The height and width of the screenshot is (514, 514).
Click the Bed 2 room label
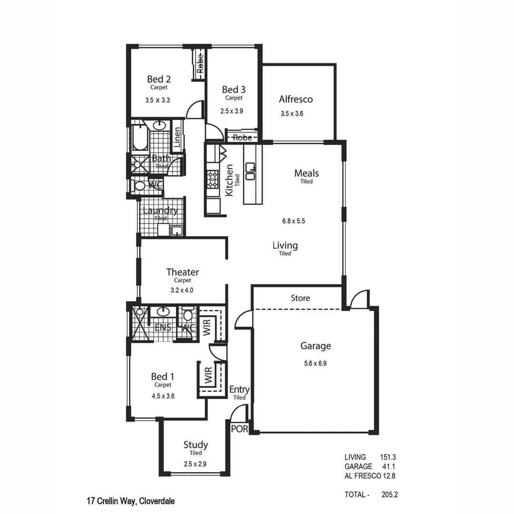tap(158, 79)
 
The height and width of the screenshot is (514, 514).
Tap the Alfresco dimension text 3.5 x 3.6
tap(292, 114)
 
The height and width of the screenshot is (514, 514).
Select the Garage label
tap(315, 346)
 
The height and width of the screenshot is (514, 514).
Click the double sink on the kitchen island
tap(250, 171)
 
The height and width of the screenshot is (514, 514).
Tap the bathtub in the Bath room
tap(139, 136)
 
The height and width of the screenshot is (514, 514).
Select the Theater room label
tap(182, 272)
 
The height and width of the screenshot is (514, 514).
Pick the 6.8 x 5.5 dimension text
tap(293, 221)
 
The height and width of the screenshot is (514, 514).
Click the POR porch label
tap(239, 429)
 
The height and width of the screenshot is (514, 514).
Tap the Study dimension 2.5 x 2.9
tap(195, 464)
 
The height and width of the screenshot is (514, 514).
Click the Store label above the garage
tap(300, 298)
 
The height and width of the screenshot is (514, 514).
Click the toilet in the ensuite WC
tap(188, 316)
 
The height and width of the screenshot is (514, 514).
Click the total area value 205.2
tap(389, 494)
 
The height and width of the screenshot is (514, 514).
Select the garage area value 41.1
tap(389, 466)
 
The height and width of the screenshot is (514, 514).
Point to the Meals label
tap(306, 173)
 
